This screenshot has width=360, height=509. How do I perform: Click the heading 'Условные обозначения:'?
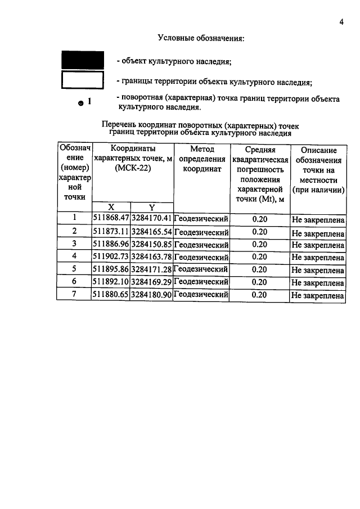(201, 38)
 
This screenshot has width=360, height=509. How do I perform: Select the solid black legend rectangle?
(83, 60)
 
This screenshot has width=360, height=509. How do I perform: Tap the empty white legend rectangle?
(83, 80)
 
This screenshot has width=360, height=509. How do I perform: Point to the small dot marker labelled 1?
(81, 103)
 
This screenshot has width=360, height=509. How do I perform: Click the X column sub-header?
(111, 207)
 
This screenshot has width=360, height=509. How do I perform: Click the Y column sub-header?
(151, 207)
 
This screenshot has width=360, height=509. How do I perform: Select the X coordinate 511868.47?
(111, 218)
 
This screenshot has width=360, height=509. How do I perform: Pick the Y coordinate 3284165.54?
(151, 231)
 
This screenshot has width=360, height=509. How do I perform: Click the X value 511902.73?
(111, 256)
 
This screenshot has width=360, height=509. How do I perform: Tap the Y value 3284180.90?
(151, 294)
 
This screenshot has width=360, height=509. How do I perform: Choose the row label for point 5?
(74, 269)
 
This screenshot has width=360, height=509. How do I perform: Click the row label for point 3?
(74, 244)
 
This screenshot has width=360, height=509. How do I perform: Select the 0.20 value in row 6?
(259, 282)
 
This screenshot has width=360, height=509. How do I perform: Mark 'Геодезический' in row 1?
(201, 218)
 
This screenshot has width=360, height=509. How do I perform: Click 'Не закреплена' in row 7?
(317, 295)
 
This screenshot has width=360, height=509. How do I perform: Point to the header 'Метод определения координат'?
(201, 162)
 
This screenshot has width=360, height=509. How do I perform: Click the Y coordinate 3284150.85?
(151, 244)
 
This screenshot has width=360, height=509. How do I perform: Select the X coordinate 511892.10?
(111, 282)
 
